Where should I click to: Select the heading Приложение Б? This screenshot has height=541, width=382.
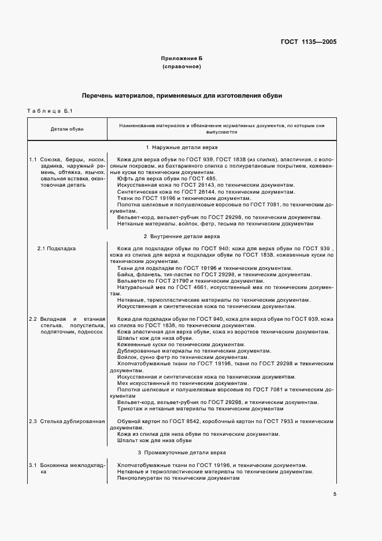click(181, 59)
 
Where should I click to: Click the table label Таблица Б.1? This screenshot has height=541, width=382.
click(49, 111)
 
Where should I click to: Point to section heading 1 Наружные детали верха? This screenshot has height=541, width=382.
click(181, 148)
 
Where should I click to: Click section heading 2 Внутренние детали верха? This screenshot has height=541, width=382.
click(181, 236)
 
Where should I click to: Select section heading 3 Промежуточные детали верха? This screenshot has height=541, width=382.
click(181, 452)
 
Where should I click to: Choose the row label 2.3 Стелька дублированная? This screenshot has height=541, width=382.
click(67, 421)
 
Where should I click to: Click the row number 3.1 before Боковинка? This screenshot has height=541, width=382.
click(33, 465)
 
